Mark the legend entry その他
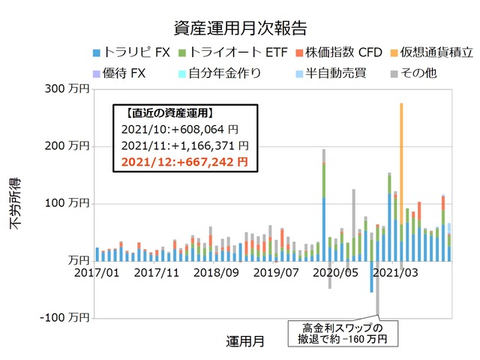click(415, 73)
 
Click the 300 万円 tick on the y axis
click(67, 89)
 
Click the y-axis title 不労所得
click(16, 203)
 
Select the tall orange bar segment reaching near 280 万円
click(402, 161)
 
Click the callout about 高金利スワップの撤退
click(342, 334)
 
